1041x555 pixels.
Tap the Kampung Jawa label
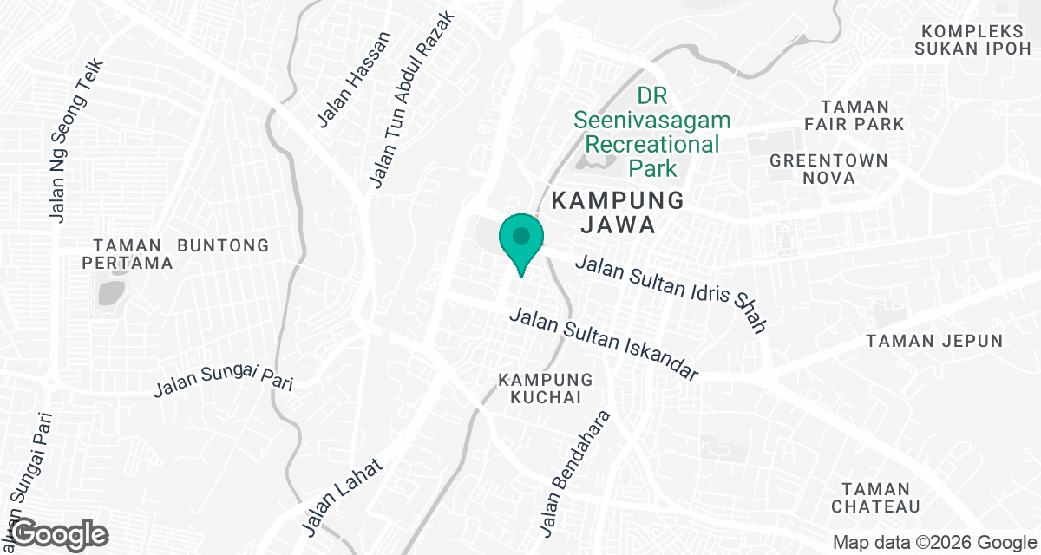coord(618,212)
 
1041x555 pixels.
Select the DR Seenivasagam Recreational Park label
coord(651,132)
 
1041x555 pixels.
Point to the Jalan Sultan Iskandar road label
coord(604,344)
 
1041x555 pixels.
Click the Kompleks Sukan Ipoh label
coord(972,39)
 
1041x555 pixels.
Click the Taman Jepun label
coord(934,341)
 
